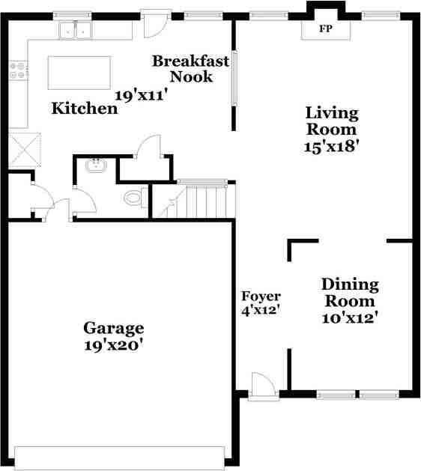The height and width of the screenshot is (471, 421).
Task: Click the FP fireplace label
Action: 325,29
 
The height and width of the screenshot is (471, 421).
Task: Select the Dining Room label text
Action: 350,293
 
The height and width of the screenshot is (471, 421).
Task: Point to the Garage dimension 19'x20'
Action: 113,345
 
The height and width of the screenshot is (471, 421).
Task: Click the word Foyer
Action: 261,297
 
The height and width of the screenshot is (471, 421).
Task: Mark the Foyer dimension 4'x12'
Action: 260,310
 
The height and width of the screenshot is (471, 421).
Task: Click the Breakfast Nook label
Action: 190,68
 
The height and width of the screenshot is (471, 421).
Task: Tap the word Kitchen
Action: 85,109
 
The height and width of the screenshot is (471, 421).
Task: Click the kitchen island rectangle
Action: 79,72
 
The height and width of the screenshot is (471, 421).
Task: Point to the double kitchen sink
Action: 75,31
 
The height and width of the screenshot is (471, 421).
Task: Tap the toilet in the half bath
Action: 134,198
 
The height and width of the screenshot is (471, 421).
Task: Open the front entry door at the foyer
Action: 263,386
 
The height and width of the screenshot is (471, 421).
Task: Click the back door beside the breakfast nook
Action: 154,24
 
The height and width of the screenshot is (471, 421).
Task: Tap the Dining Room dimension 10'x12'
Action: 349,317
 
